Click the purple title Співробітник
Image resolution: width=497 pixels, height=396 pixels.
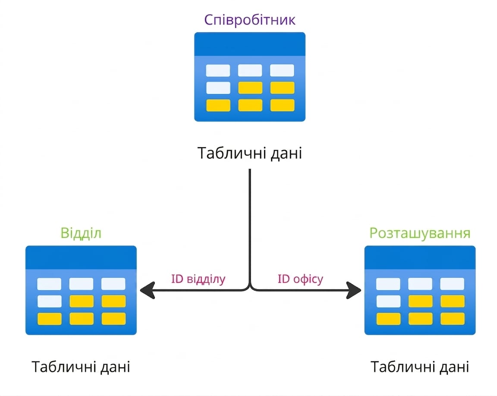pos(250,20)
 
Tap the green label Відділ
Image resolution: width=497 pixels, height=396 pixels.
pos(81,233)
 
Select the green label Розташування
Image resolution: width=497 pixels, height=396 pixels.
pos(420,233)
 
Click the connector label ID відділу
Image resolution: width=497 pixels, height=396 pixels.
pos(198,279)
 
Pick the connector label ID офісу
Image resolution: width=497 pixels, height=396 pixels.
pos(300,279)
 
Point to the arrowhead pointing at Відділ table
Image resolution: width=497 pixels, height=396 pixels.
pos(147,290)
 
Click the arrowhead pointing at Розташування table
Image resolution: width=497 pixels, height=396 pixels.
pos(354,290)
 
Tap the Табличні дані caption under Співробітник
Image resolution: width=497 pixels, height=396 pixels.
pos(250,153)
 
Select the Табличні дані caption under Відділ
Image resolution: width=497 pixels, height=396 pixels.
pos(81,367)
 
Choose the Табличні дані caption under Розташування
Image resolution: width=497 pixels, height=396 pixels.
pos(420,367)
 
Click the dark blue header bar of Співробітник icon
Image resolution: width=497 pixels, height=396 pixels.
pos(250,44)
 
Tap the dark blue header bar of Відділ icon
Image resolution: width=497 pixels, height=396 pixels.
pos(81,257)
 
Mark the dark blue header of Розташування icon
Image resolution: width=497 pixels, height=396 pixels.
pos(420,257)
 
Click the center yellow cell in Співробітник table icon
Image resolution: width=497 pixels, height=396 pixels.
pos(250,88)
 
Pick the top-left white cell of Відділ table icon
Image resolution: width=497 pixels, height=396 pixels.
pos(49,284)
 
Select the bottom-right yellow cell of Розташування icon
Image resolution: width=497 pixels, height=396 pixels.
pos(452,319)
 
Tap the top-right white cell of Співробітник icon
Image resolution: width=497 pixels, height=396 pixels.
pos(282,70)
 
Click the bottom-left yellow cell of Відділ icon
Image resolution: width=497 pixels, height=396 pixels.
pos(50,319)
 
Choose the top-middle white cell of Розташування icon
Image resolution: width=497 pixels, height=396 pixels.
pos(420,284)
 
